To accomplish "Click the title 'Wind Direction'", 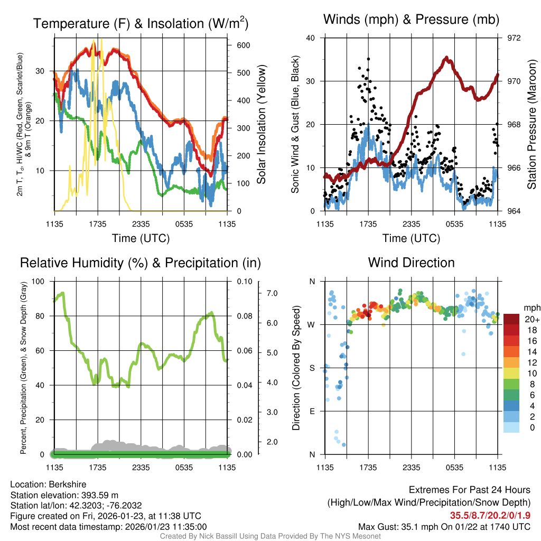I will pos(411,263).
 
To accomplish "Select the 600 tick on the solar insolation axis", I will pos(243,45).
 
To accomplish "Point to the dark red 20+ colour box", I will pos(511,319).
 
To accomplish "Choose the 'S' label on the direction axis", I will pos(312,368).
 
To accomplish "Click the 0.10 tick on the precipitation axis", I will pos(244,281).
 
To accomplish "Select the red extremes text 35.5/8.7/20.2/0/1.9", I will pos(490,516).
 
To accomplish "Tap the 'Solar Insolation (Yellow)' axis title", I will pos(261,124).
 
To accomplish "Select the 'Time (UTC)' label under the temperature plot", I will pos(141,238).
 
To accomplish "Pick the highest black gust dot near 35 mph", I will pos(368,59).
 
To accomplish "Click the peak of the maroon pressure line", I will pos(446,58).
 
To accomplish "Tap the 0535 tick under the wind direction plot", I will pos(454,467).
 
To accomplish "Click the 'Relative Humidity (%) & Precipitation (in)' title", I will pos(141,263).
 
